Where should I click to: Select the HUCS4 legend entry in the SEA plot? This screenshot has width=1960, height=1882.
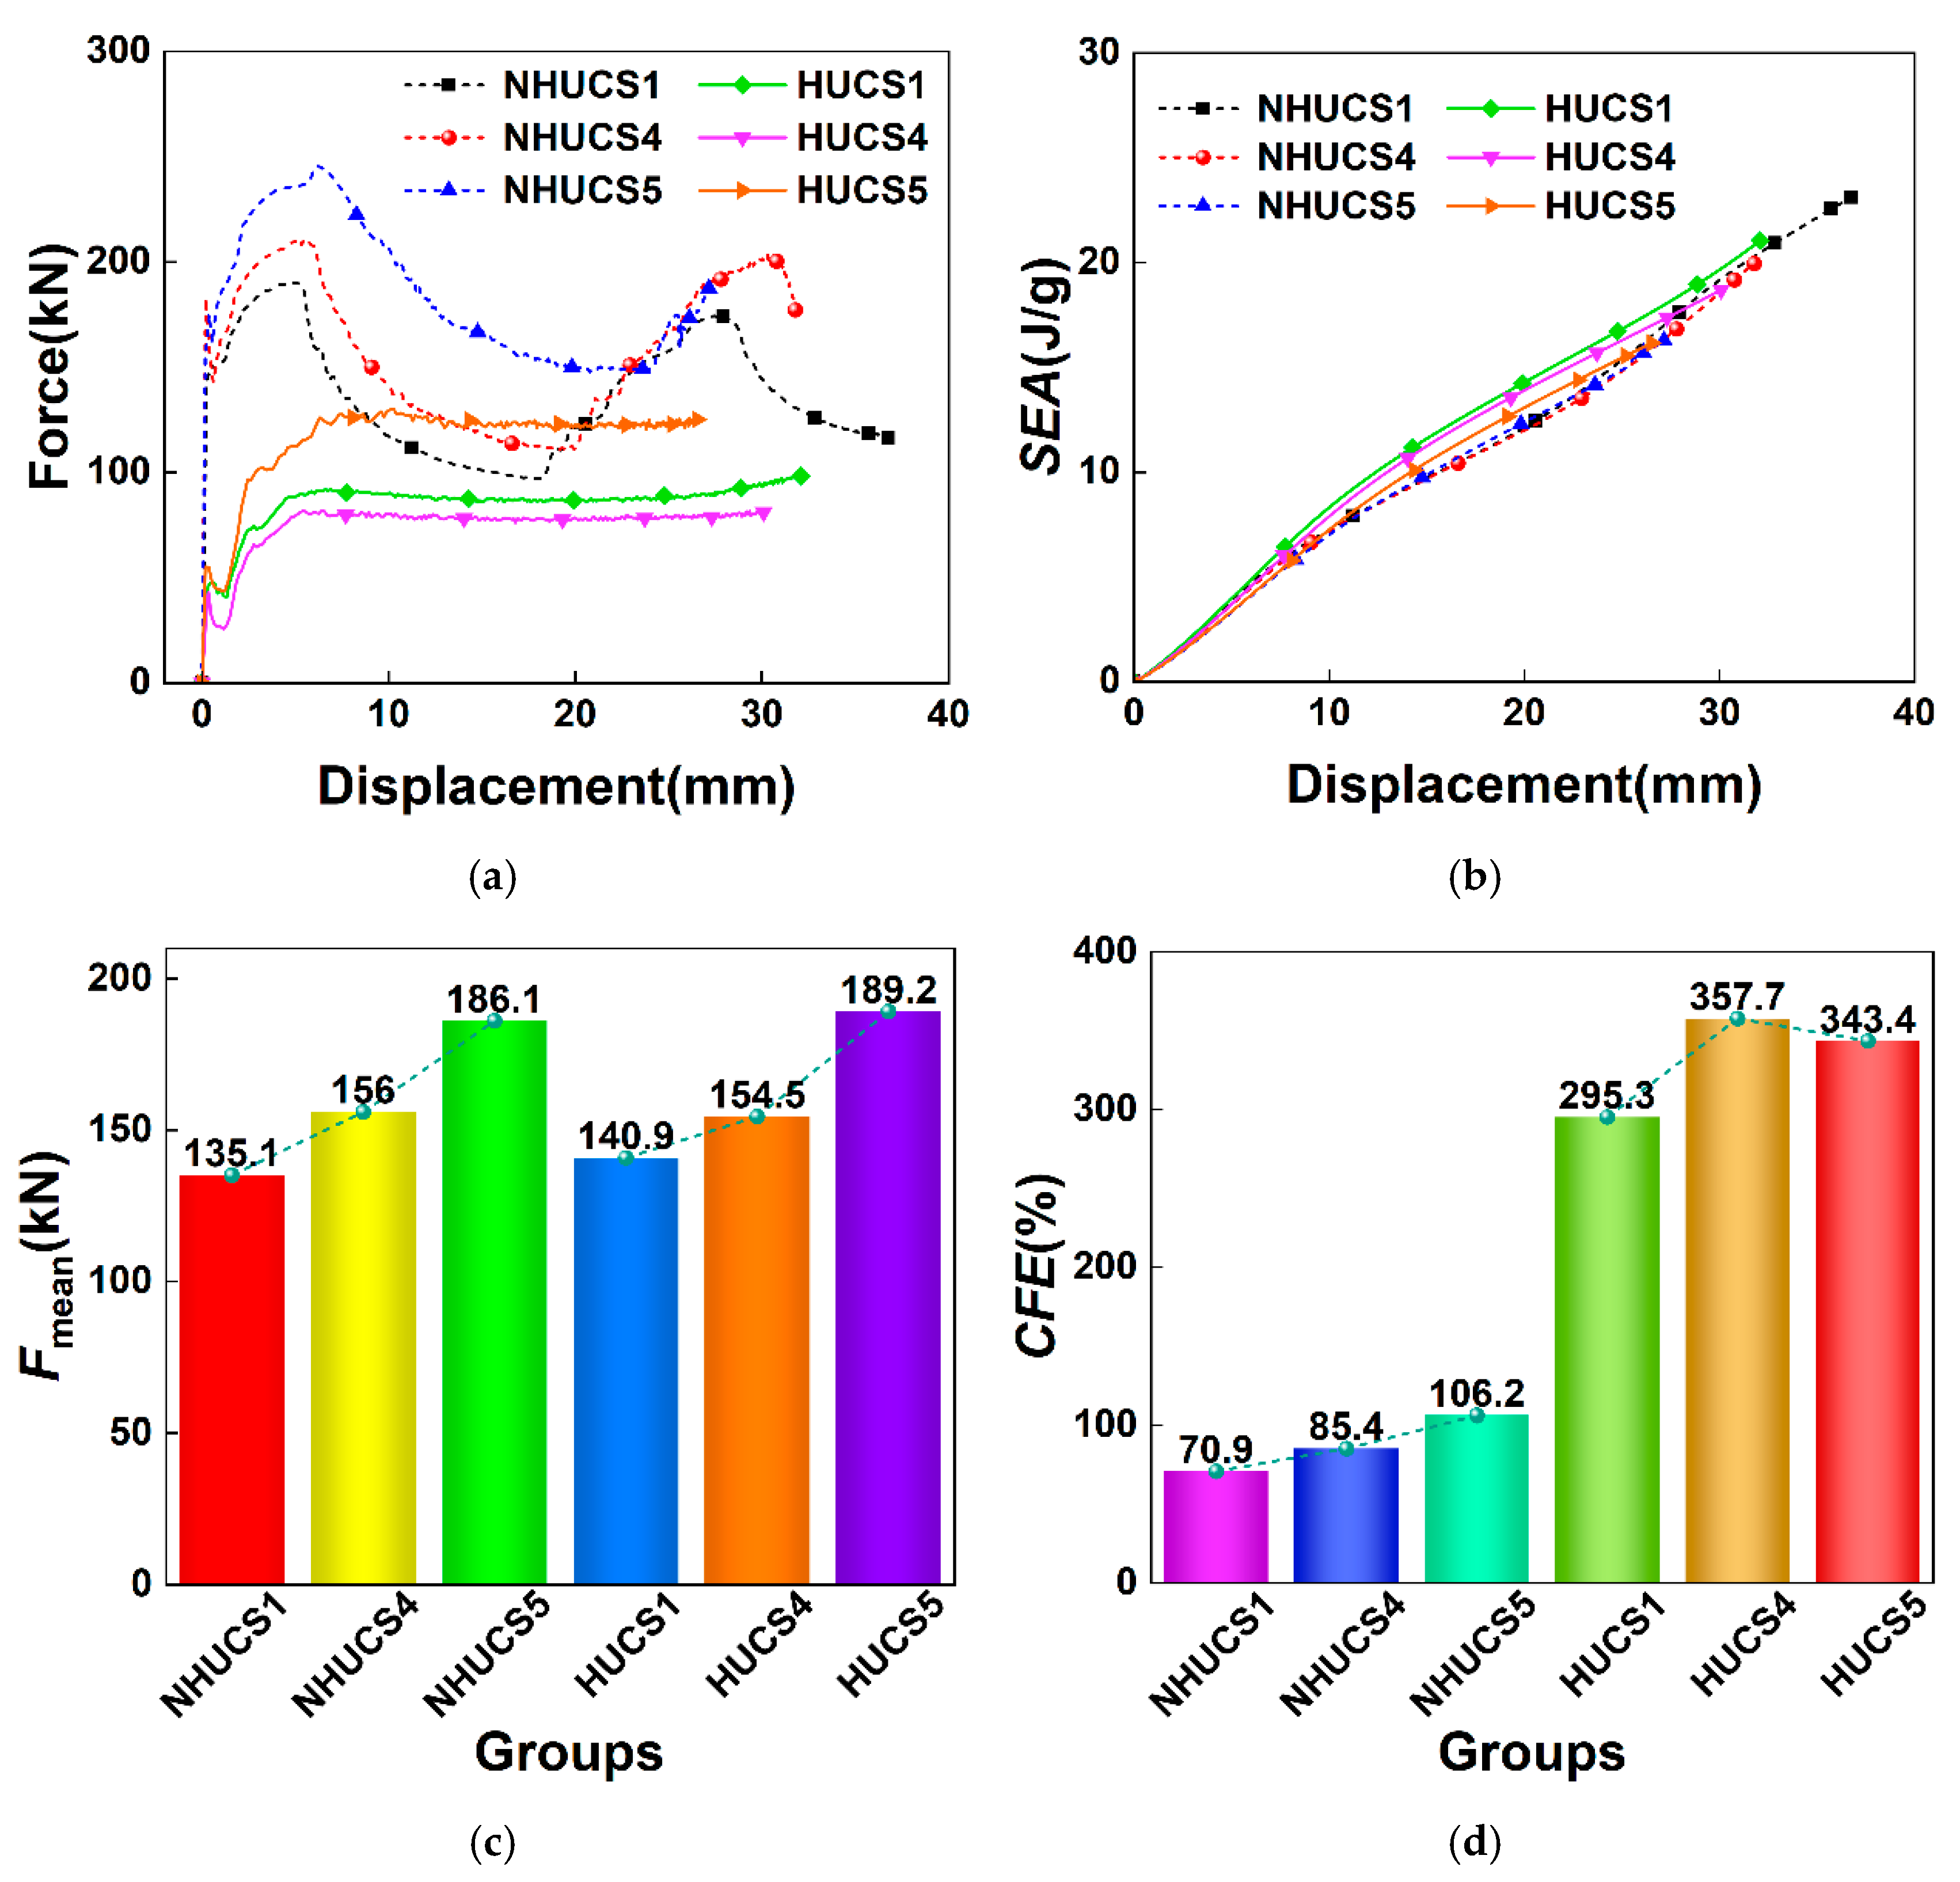(1560, 157)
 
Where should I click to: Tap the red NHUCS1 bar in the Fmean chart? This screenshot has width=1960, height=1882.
(232, 1379)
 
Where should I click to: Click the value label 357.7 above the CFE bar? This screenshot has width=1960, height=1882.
(1737, 997)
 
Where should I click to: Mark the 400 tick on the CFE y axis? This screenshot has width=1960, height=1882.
(1105, 950)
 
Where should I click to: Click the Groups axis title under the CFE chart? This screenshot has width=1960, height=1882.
(1531, 1752)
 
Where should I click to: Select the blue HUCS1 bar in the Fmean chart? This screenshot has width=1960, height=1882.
(626, 1370)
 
